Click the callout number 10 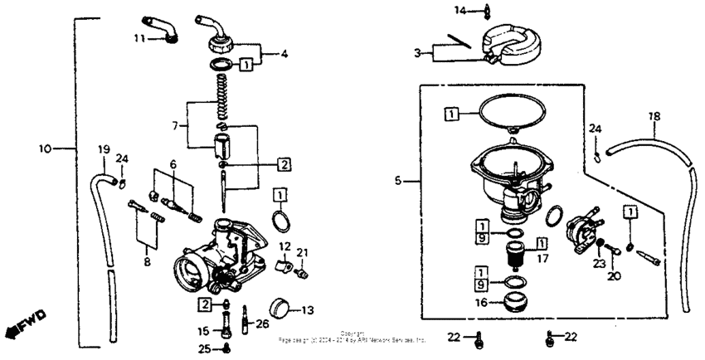[45, 148]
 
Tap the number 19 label [104, 149]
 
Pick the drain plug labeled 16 [515, 299]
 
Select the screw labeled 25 [226, 348]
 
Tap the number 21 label [303, 252]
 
